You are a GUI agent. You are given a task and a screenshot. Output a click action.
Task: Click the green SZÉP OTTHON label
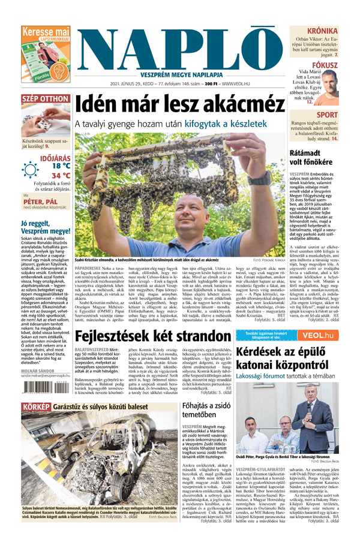(x=29, y=98)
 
